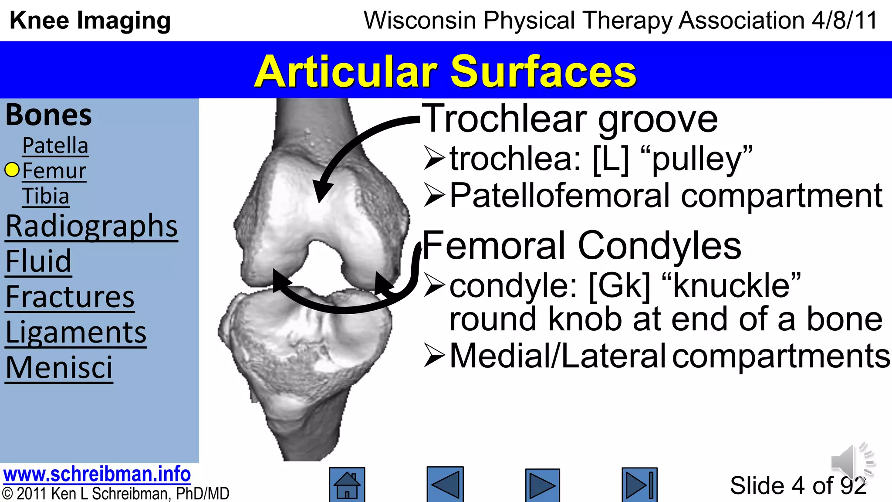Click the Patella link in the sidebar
[55, 146]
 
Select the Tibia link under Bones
[46, 196]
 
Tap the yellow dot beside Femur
[12, 170]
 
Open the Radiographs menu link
[91, 226]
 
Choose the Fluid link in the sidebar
[38, 261]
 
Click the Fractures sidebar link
[70, 297]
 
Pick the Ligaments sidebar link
[76, 332]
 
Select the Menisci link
[59, 368]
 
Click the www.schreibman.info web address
[97, 474]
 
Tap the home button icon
[347, 485]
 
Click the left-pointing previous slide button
[445, 485]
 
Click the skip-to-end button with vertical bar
[639, 485]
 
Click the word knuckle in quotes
[732, 286]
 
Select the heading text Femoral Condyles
[581, 245]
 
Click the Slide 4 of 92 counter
[798, 485]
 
